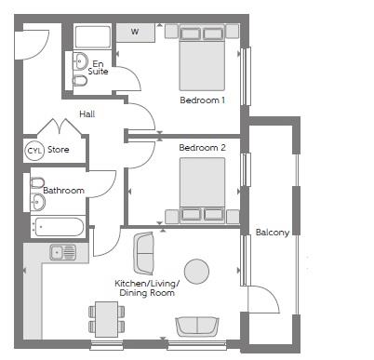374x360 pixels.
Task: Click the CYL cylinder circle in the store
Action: (x=34, y=151)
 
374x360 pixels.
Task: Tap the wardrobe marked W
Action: (x=136, y=33)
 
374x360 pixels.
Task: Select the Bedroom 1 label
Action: (x=202, y=100)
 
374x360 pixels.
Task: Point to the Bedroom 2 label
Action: (x=202, y=148)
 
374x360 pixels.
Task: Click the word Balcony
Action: (x=273, y=233)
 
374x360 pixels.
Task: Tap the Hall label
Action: (x=87, y=114)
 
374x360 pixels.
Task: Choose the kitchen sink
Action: (x=63, y=252)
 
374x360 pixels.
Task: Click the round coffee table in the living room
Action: (x=196, y=272)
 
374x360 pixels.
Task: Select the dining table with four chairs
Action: (x=107, y=319)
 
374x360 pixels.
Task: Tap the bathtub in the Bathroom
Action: (x=59, y=227)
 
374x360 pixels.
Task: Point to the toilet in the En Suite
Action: (x=80, y=81)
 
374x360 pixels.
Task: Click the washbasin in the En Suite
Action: (x=81, y=61)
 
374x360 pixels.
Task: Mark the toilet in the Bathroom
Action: (x=37, y=182)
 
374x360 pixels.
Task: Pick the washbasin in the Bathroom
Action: (x=38, y=202)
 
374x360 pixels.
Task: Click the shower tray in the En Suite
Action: (x=93, y=37)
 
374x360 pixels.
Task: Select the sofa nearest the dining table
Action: (x=197, y=327)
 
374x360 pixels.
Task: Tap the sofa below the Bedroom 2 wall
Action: (x=143, y=254)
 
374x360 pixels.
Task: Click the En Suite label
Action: (x=98, y=68)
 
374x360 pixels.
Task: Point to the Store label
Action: (x=59, y=150)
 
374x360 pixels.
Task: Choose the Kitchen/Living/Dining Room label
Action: (x=147, y=288)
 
